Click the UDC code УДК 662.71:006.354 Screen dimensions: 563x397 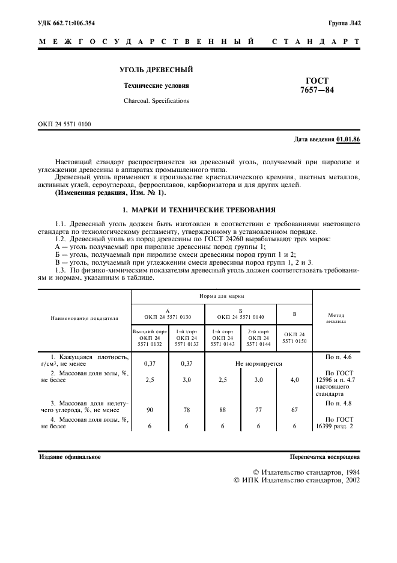pos(67,23)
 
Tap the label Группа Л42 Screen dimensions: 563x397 pos(344,23)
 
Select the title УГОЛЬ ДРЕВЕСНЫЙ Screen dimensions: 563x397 pos(156,70)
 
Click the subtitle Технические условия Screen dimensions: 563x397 pos(156,85)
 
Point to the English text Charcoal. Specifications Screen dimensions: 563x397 pos(156,100)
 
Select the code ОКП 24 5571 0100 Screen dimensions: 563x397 pos(65,125)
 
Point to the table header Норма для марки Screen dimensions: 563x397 pos(222,297)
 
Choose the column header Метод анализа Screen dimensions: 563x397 pos(335,318)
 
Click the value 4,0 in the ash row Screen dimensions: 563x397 pos(294,380)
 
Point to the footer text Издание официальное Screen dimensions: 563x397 pos(70,457)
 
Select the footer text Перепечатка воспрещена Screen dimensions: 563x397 pos(324,457)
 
